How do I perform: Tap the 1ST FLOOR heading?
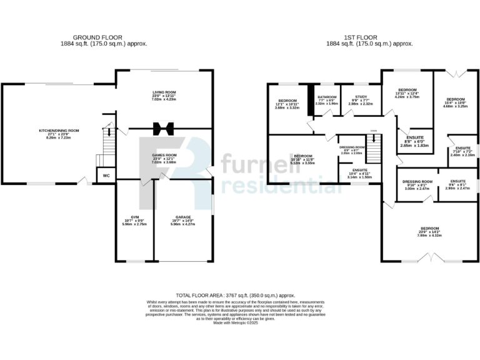(x=369, y=37)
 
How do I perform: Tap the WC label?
(x=106, y=176)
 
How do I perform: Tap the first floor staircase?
(x=373, y=151)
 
